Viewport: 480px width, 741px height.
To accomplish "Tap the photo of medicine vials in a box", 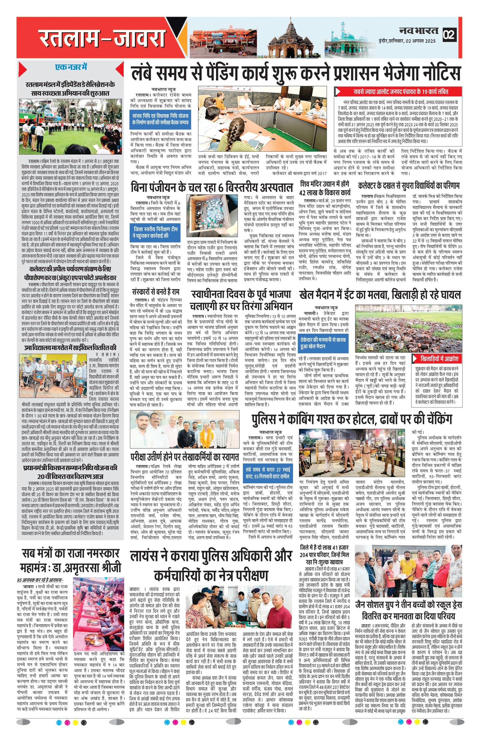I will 212,216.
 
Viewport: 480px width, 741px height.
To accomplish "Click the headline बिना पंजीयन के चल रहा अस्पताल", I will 211,187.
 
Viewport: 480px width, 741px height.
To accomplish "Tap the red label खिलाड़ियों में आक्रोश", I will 436,358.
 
